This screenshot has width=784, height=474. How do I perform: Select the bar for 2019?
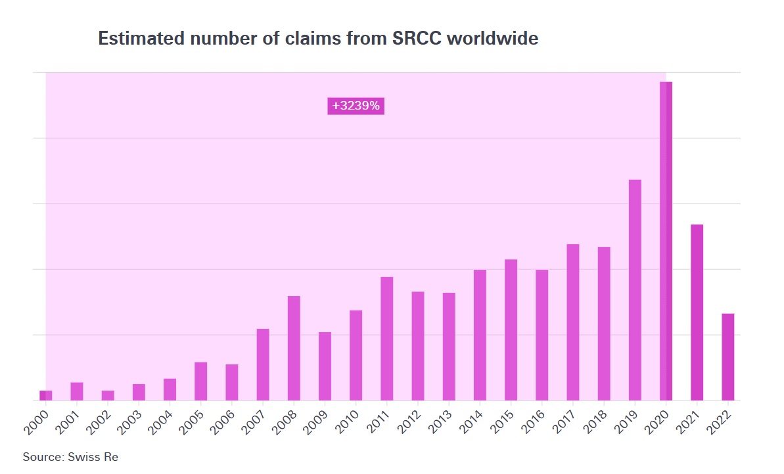[x=635, y=290]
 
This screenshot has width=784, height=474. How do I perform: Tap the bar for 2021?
[x=697, y=312]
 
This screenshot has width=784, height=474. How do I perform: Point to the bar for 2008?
[x=294, y=348]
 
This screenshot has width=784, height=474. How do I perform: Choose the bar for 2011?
[x=387, y=338]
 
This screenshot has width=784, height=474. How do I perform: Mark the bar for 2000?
[x=45, y=395]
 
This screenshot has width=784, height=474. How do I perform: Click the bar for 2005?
[x=201, y=381]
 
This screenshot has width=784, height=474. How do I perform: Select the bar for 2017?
[x=573, y=322]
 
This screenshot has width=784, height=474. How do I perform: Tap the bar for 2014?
[x=480, y=335]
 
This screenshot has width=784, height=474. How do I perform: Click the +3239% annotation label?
[x=356, y=106]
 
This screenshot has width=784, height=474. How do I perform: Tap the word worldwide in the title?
[x=492, y=39]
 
